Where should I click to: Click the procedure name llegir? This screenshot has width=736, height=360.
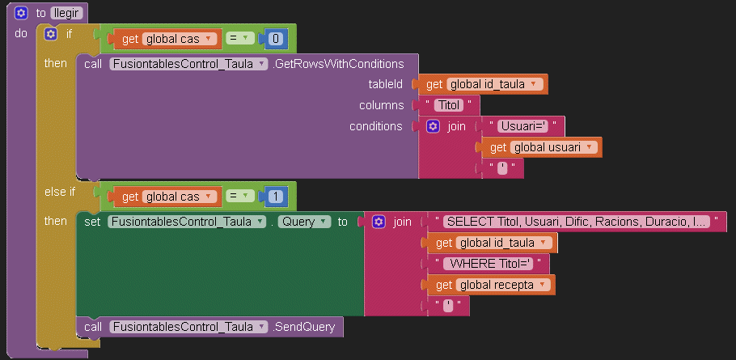[66, 13]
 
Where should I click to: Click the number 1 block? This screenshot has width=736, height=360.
[277, 196]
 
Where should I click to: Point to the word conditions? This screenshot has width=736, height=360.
[375, 126]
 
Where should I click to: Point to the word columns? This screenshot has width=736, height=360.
[381, 105]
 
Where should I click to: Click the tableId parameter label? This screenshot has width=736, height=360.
[385, 84]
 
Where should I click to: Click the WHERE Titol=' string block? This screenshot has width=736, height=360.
[492, 264]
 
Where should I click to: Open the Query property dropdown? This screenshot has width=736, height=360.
[303, 222]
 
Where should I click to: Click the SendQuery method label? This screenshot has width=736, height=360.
[307, 327]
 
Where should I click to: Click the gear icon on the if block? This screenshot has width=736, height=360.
[50, 34]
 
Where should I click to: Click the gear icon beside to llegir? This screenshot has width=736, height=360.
[21, 13]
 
